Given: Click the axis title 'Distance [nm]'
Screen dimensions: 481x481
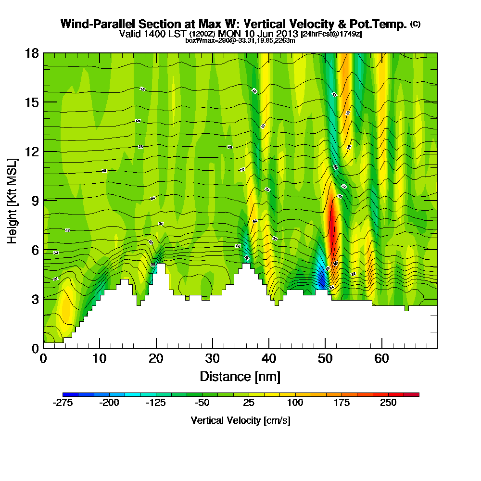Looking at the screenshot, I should (x=240, y=376).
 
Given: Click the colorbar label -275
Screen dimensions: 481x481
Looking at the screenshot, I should (x=63, y=403).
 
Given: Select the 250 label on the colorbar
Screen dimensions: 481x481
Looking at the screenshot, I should (x=388, y=403).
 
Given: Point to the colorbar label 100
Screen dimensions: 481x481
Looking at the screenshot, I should (x=295, y=403).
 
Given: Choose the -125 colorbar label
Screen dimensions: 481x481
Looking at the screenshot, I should (x=155, y=403).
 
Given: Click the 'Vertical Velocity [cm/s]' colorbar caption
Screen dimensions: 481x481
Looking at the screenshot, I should (x=240, y=420).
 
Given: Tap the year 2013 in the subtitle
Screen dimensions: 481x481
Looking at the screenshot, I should (x=286, y=34).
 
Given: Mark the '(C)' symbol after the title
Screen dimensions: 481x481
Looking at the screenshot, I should (x=415, y=24).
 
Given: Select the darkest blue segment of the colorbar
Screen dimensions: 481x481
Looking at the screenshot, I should (x=70, y=394).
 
